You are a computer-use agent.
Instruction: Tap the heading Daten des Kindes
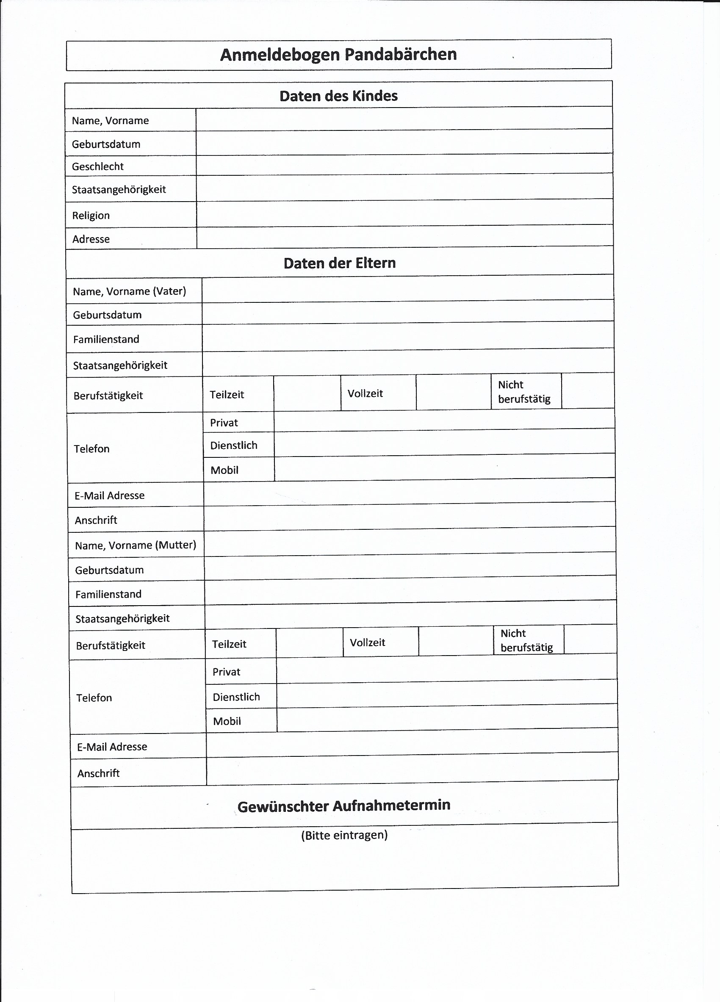coord(338,96)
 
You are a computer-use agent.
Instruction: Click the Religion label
coord(91,216)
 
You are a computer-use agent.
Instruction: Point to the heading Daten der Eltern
coord(339,263)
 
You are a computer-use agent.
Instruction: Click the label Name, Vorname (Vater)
coord(130,291)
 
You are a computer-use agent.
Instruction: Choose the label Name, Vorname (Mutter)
coord(135,545)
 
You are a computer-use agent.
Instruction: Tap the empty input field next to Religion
coord(404,213)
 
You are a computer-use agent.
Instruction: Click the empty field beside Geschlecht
coord(404,164)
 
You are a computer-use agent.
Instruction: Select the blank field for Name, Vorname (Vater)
coord(407,289)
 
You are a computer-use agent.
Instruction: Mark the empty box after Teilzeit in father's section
coord(307,393)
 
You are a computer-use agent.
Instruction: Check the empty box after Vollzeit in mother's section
coord(455,641)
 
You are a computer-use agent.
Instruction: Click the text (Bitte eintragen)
coord(344,835)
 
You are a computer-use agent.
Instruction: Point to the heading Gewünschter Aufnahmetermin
coord(343,806)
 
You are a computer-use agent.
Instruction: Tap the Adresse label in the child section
coord(91,239)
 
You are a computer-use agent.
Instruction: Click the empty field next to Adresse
coord(404,236)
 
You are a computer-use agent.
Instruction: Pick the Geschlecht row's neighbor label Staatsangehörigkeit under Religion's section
coord(119,190)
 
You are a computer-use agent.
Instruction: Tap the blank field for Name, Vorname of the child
coord(404,119)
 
